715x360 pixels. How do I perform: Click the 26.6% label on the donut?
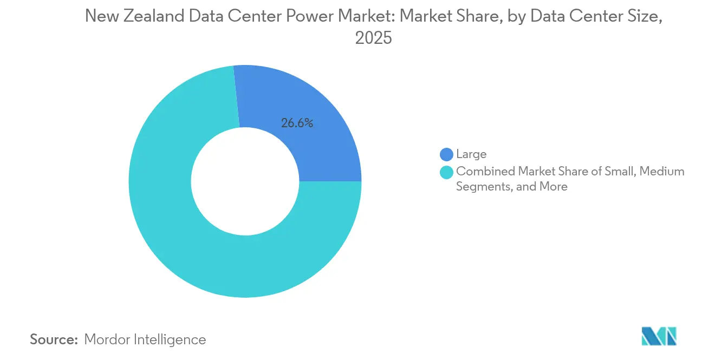click(297, 123)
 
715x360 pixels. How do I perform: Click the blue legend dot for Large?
click(446, 154)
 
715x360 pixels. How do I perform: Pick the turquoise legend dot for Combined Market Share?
click(446, 172)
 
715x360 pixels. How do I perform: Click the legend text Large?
click(471, 154)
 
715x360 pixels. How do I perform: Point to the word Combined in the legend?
click(485, 172)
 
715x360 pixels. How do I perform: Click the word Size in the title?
click(644, 17)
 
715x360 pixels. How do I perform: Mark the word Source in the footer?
click(53, 339)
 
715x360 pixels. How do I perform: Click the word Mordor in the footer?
click(107, 339)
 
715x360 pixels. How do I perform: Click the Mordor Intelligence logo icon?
click(659, 336)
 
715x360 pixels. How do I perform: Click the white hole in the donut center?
click(245, 181)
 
